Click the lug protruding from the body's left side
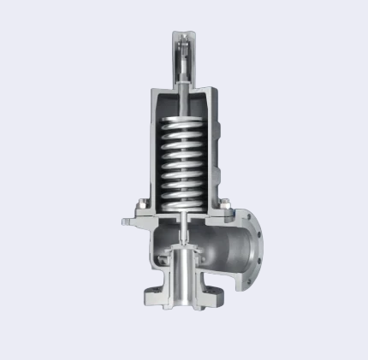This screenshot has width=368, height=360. pos(128,223)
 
